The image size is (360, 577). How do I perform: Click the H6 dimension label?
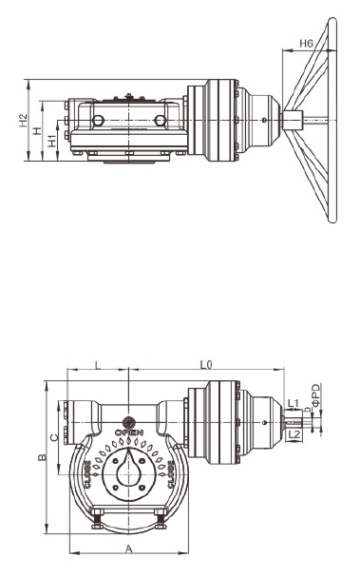tap(306, 44)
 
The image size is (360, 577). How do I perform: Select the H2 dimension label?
tap(24, 121)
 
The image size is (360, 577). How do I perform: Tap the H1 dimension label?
tap(53, 141)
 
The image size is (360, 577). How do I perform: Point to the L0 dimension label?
tap(206, 365)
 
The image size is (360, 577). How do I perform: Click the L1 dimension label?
tap(294, 403)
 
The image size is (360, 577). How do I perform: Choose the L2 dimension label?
tap(294, 434)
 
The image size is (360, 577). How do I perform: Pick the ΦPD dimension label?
tap(316, 395)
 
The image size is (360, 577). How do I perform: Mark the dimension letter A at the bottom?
tap(128, 549)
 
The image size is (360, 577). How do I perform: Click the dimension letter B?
tap(43, 457)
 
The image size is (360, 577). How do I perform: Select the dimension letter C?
tap(54, 437)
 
